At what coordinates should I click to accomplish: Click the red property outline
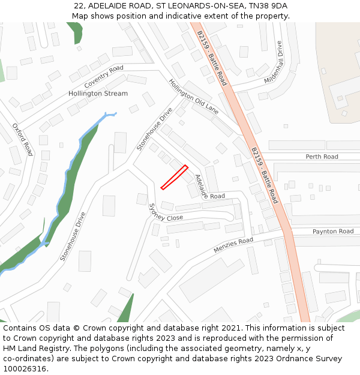coord(174,178)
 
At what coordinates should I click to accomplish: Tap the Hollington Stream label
coord(98,94)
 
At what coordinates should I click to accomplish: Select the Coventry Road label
coord(104,76)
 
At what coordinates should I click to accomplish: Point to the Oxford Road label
coord(22,140)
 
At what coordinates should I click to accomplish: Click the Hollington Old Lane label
coord(193,97)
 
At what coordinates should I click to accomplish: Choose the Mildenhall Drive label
coord(273,62)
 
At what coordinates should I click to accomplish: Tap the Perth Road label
coord(322,157)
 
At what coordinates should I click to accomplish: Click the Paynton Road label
coord(333,231)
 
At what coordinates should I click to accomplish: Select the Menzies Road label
coord(233,245)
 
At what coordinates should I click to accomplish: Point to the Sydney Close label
coord(166,212)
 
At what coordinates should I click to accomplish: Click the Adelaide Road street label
coord(209,187)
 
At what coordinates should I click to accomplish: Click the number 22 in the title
coord(79,6)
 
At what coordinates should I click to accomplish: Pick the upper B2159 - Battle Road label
coord(212,59)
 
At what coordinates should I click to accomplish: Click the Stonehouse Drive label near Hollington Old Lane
coord(154,129)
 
